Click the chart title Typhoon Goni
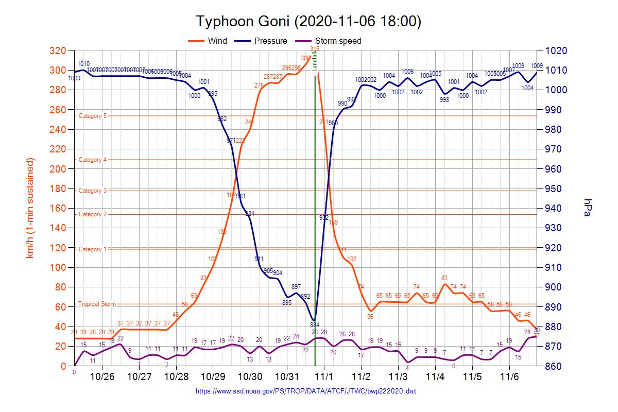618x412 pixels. [x=308, y=22]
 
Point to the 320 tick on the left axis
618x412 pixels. [x=59, y=51]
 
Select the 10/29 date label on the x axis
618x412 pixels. [x=213, y=376]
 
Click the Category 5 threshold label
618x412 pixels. [x=93, y=116]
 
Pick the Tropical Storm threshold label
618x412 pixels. [x=97, y=304]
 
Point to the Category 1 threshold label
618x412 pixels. [x=93, y=249]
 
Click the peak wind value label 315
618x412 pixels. [x=315, y=49]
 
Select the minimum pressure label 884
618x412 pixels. [x=315, y=324]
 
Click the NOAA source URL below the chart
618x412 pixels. [x=306, y=391]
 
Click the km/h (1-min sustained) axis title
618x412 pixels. [x=30, y=208]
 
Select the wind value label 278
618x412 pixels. [x=259, y=85]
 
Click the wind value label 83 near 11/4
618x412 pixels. [x=444, y=278]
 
